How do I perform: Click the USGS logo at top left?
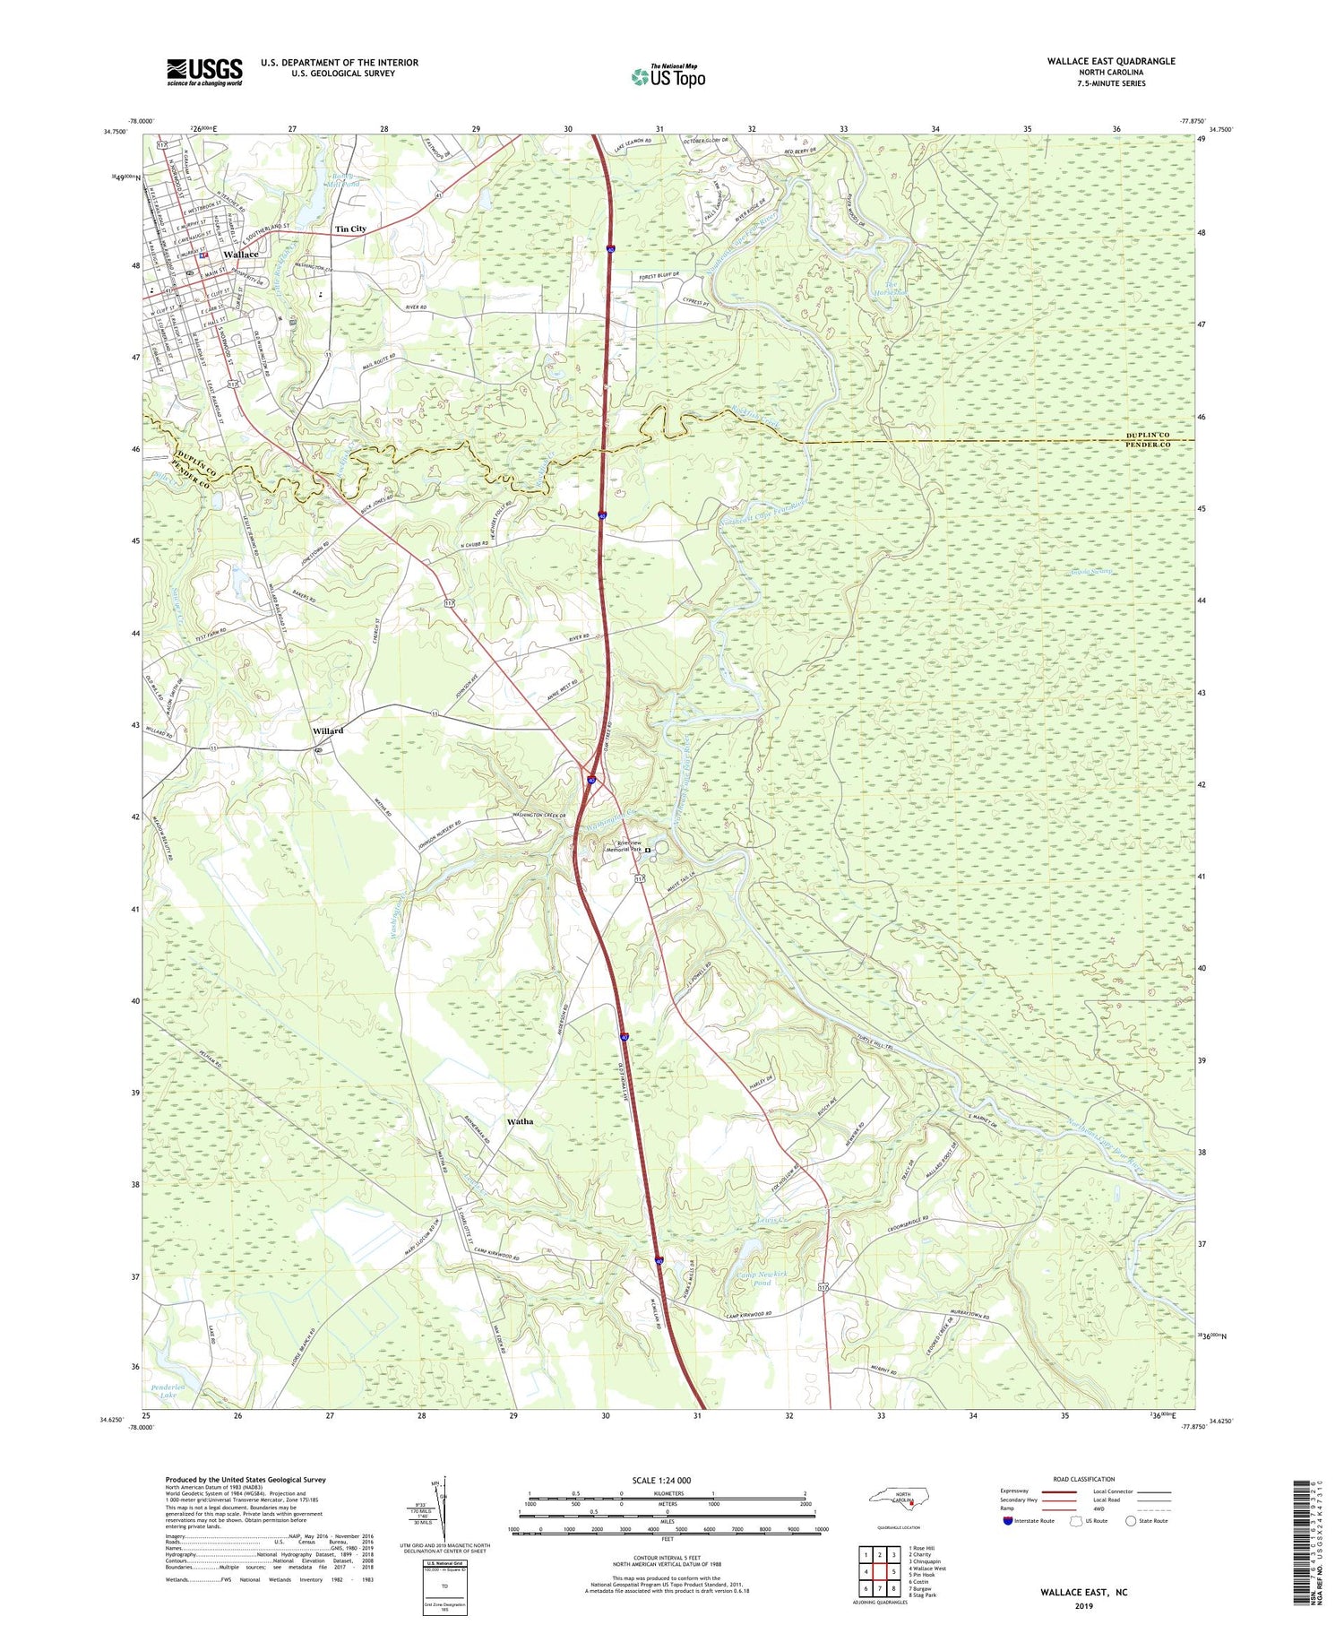click(x=204, y=72)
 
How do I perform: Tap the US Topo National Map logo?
click(x=668, y=76)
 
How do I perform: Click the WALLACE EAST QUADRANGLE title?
click(x=1110, y=61)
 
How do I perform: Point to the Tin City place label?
click(x=350, y=229)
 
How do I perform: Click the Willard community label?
click(x=328, y=731)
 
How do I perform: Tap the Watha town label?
click(x=520, y=1121)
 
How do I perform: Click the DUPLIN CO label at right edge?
click(x=1159, y=435)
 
